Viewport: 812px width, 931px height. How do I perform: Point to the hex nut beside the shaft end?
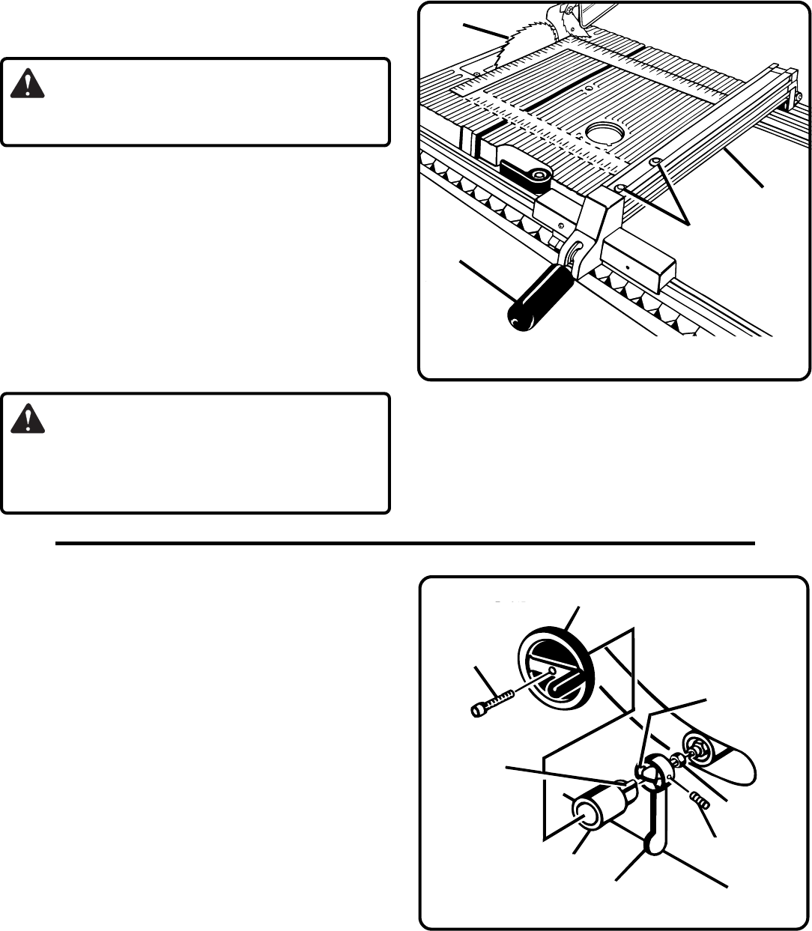point(679,760)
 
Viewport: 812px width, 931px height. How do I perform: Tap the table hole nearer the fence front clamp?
point(622,188)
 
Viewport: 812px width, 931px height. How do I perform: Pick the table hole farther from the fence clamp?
point(656,160)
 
